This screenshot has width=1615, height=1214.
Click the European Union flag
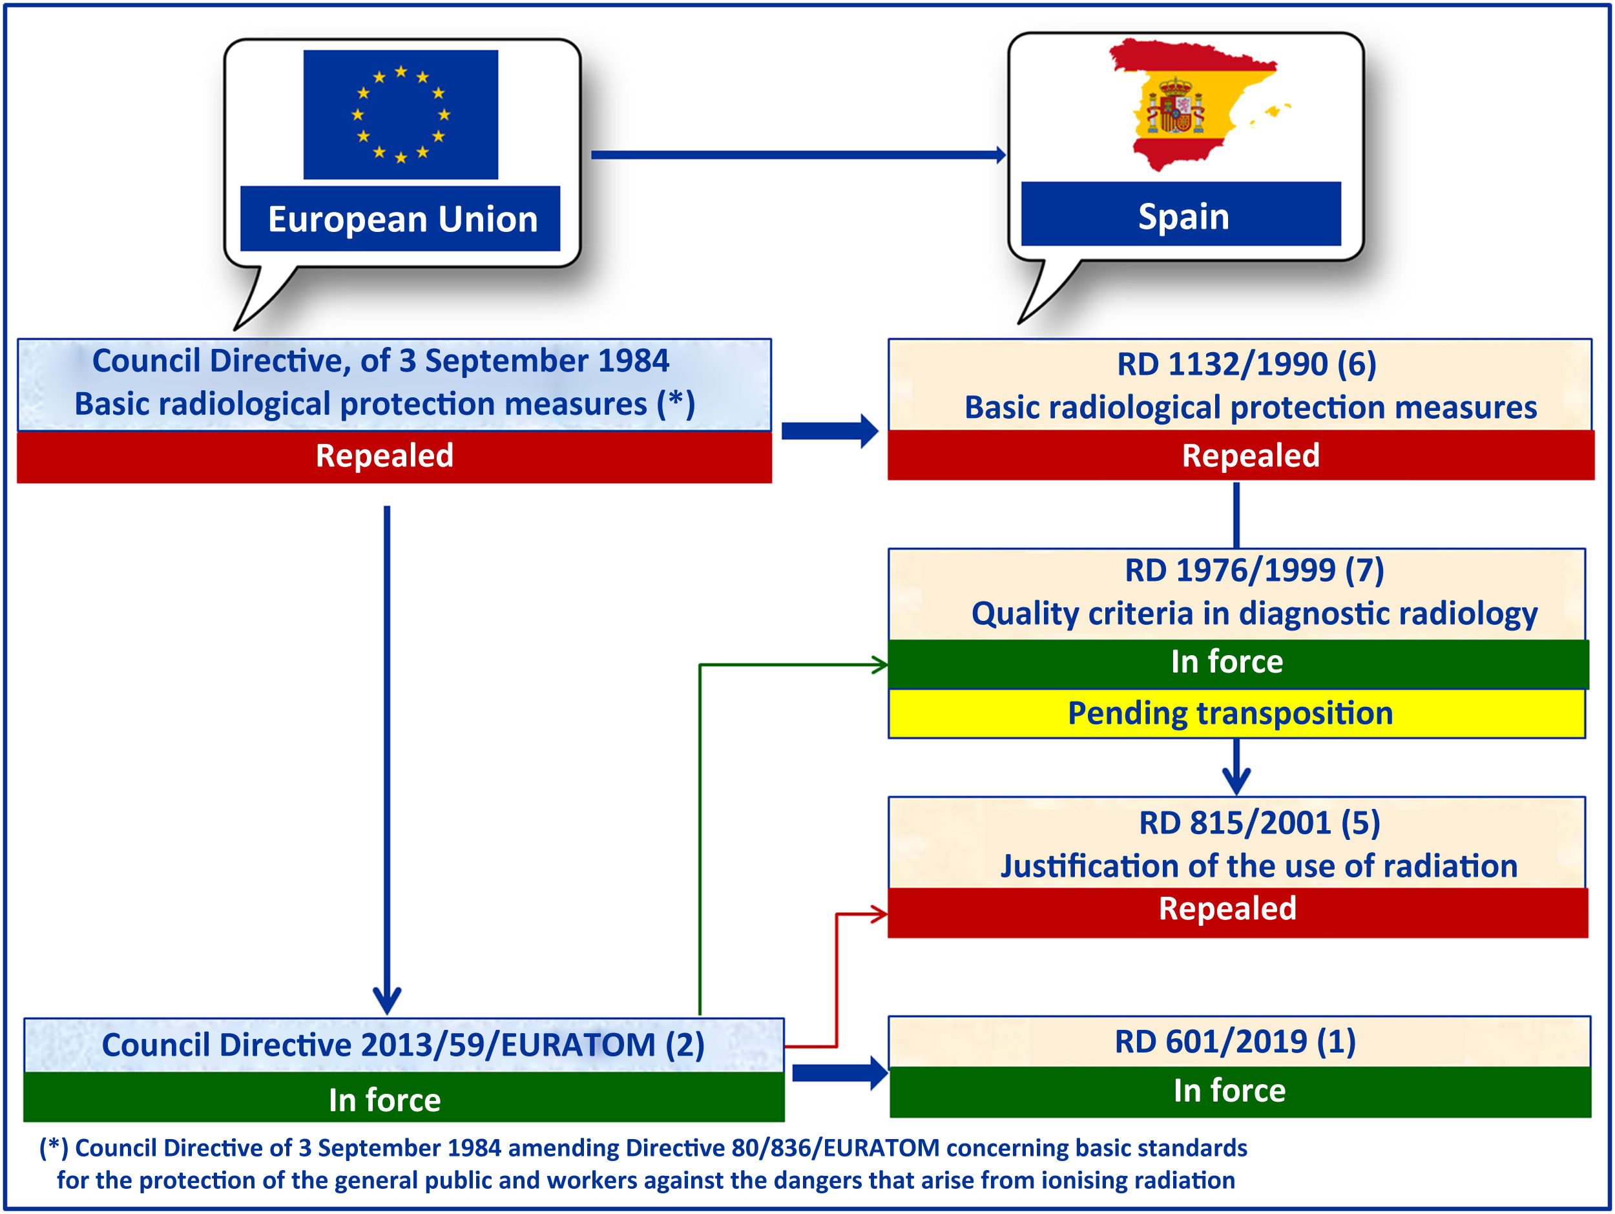[x=401, y=114]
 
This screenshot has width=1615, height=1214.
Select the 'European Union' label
[x=402, y=219]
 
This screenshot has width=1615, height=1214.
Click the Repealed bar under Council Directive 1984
[x=394, y=456]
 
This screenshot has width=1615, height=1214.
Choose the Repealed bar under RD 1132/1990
[x=1241, y=455]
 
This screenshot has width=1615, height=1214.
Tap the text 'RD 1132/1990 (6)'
[x=1246, y=364]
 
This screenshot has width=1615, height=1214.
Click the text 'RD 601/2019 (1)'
[x=1235, y=1041]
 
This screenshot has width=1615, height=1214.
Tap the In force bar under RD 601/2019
[x=1239, y=1091]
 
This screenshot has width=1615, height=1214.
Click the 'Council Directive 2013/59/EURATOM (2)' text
[x=403, y=1045]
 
